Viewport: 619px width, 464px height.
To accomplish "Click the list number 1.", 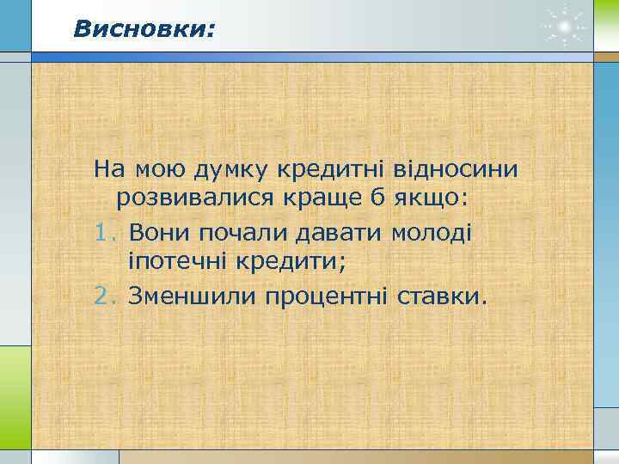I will click(x=103, y=232).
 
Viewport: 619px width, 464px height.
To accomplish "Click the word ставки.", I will click(x=442, y=296).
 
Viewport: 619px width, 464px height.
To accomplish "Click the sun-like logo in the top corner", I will click(x=564, y=28).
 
